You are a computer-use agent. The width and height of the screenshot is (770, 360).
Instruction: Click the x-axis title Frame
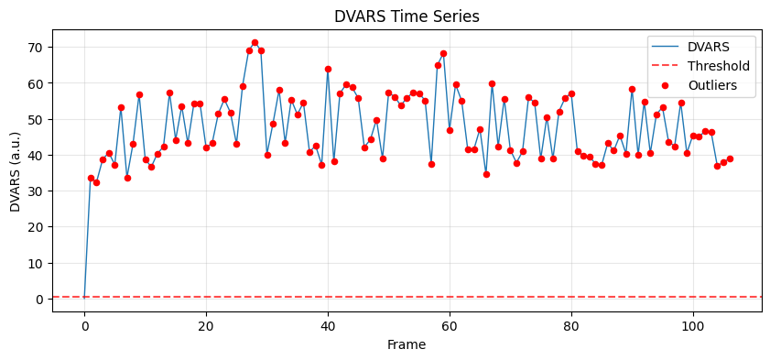(x=407, y=345)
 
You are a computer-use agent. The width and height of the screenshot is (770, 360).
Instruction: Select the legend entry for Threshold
(x=718, y=66)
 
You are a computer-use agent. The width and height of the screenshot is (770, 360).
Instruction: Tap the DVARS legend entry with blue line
(x=710, y=45)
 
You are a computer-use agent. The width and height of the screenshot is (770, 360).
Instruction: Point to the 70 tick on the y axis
(x=36, y=47)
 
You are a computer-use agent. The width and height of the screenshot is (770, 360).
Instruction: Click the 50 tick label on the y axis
(x=36, y=119)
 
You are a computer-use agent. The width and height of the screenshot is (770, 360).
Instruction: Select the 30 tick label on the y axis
(x=36, y=191)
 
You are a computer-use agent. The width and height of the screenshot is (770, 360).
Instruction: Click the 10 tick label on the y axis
(x=36, y=263)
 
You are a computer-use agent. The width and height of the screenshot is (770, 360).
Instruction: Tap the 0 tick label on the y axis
(x=39, y=299)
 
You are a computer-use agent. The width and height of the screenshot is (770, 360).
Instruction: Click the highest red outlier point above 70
(x=255, y=43)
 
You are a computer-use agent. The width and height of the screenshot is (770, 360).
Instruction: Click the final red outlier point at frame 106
(x=730, y=158)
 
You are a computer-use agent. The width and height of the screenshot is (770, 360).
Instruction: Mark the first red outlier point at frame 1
(x=91, y=178)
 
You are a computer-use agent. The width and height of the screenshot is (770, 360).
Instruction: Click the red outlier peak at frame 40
(x=328, y=69)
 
